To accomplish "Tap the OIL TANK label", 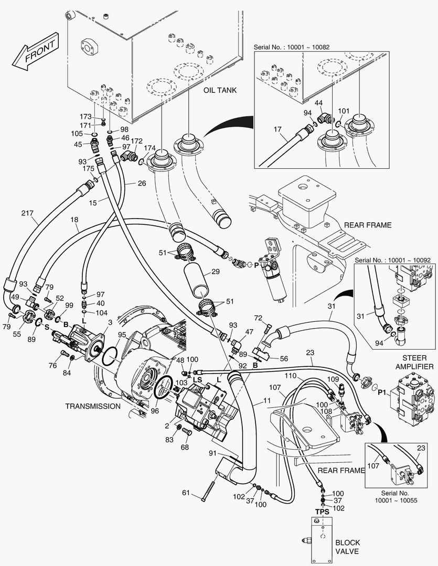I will (220, 90).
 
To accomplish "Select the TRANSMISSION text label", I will (93, 406).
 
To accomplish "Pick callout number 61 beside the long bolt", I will (186, 493).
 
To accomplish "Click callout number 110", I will (305, 376).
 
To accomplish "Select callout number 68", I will (185, 447).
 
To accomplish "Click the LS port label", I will (197, 379).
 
